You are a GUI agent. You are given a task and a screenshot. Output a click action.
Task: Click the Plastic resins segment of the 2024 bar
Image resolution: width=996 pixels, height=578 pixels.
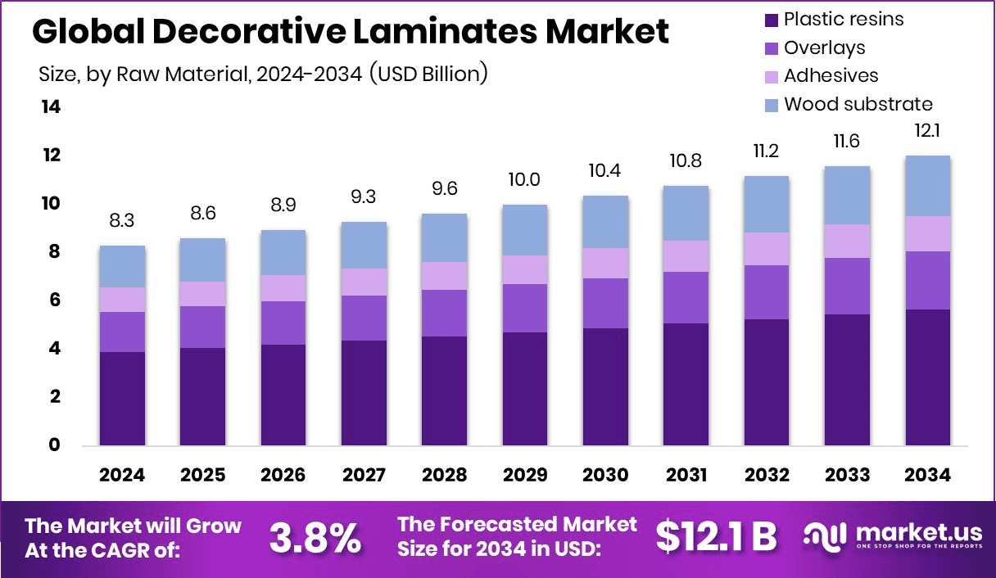[123, 398]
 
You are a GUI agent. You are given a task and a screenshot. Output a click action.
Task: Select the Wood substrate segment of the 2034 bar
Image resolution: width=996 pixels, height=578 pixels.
[927, 186]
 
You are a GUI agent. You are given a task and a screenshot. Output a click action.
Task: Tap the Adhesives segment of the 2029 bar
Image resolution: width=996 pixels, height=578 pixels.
[524, 269]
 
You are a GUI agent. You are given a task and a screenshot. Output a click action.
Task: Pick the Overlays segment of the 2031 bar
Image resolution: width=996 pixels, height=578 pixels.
[685, 297]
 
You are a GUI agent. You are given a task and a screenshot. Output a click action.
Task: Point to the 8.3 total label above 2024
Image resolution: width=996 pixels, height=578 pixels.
[123, 221]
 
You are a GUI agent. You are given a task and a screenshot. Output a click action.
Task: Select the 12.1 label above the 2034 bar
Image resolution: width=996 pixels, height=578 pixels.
[927, 131]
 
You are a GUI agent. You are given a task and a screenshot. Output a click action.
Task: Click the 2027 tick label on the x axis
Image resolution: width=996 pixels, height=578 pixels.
[364, 475]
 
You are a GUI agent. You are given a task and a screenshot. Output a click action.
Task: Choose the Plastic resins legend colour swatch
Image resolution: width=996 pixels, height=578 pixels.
[770, 19]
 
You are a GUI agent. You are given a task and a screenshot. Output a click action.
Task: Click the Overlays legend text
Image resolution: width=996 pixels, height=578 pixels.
[824, 47]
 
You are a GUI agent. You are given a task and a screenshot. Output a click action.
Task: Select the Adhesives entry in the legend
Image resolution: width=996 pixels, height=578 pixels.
[831, 75]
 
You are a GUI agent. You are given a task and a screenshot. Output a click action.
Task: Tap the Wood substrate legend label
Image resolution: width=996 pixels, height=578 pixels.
[858, 104]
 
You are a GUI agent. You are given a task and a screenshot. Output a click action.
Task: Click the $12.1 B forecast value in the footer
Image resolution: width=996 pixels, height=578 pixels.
[716, 536]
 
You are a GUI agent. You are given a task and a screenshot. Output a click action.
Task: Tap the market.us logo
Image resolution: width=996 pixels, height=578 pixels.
[889, 536]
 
